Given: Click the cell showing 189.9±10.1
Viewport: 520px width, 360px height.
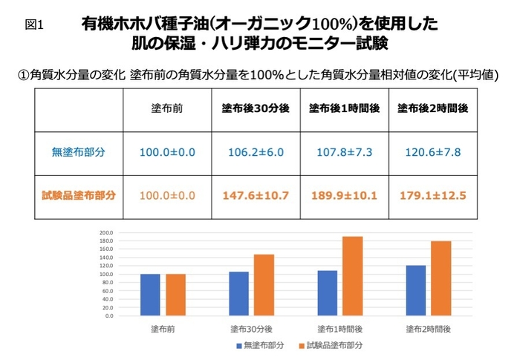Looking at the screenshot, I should click(x=345, y=196).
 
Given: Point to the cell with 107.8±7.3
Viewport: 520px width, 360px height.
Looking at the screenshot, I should click(x=345, y=152).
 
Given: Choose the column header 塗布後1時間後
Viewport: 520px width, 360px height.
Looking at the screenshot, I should click(x=345, y=108).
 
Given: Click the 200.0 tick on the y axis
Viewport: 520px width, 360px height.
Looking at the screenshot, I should click(x=106, y=232).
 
